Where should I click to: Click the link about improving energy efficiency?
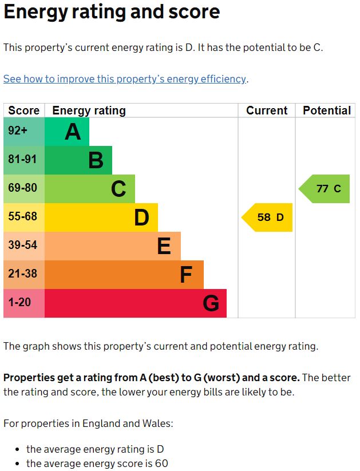(125, 79)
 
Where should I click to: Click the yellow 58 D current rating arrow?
(268, 217)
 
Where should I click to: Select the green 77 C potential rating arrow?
(325, 189)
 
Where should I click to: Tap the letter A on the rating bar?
(73, 132)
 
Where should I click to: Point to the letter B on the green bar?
(96, 161)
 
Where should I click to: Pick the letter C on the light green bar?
(118, 189)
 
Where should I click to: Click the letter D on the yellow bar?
(141, 217)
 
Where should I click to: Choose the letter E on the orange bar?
(164, 246)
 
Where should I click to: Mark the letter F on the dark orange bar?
(186, 275)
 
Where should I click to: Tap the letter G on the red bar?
(211, 303)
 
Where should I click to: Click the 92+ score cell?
(18, 131)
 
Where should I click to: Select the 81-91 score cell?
(22, 160)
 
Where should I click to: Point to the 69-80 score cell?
(22, 188)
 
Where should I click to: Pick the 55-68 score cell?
(22, 217)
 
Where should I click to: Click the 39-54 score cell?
(22, 246)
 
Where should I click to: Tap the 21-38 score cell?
(22, 274)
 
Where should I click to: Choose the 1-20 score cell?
(19, 302)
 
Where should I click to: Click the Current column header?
(267, 110)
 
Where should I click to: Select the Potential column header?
(326, 110)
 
